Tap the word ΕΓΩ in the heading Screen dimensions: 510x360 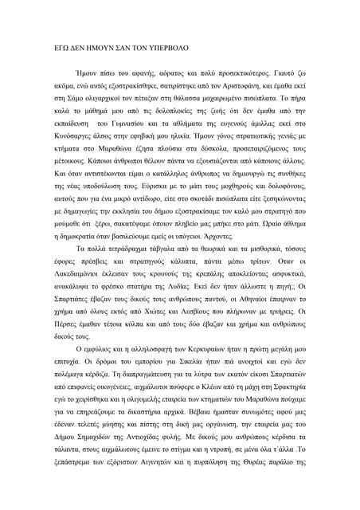point(61,49)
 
